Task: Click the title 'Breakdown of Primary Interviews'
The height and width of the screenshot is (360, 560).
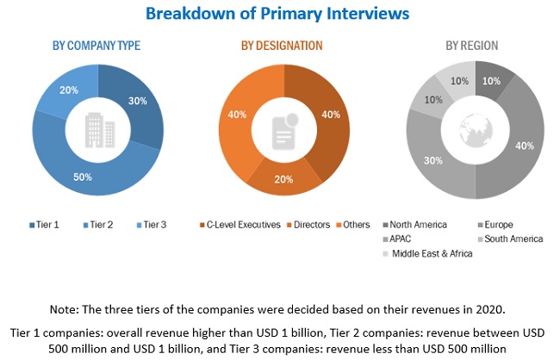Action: tap(277, 14)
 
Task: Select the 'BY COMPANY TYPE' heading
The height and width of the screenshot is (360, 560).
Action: tap(96, 45)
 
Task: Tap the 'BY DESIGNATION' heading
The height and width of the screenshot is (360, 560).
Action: tap(283, 45)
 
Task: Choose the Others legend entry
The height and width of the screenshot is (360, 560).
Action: tap(353, 225)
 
